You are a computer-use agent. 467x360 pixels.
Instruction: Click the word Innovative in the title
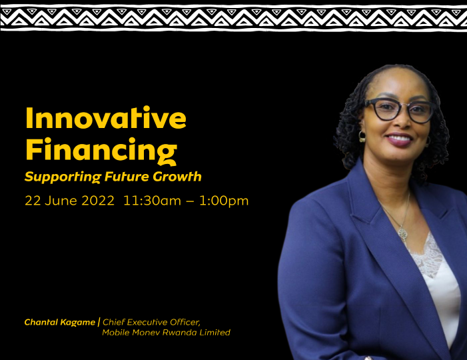106,117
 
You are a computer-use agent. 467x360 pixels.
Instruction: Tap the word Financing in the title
101,151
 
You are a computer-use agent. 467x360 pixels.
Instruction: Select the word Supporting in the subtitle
63,177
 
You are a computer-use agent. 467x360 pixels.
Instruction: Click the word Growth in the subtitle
177,177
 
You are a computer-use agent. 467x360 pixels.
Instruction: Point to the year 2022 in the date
98,201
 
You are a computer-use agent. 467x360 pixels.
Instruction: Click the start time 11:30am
152,201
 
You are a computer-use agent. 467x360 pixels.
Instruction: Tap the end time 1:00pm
224,201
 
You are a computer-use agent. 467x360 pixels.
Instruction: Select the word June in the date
62,201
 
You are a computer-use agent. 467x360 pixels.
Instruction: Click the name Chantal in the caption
41,322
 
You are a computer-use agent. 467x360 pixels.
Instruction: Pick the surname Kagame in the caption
78,323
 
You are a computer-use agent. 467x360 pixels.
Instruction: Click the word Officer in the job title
185,322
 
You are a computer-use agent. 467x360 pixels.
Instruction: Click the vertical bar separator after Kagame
99,322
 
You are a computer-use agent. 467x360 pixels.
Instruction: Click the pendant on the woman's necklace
402,233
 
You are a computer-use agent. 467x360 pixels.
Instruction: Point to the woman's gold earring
362,136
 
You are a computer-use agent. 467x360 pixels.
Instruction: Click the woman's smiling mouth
399,139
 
